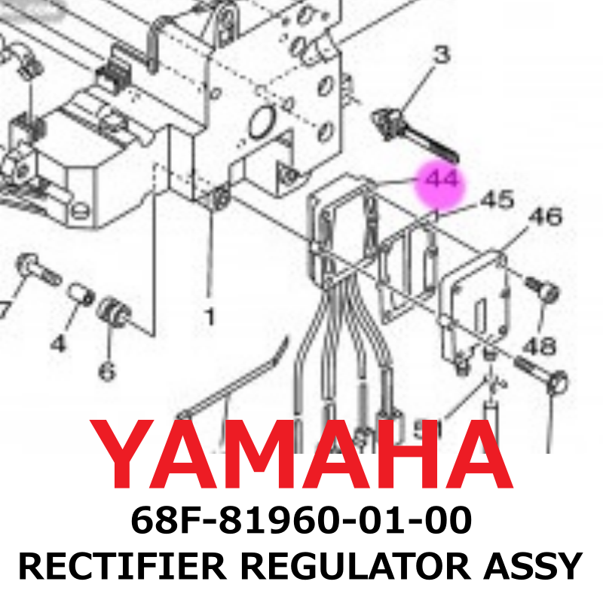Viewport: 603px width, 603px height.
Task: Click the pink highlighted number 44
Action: [x=440, y=182]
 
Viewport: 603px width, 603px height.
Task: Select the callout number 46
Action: [x=544, y=217]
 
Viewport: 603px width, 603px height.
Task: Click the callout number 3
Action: [x=441, y=54]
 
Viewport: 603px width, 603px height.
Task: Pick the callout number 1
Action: [x=209, y=316]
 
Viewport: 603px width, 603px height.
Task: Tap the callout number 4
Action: [x=58, y=343]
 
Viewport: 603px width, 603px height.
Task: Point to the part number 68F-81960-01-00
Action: [x=301, y=520]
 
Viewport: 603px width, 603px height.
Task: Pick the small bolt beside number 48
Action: [x=542, y=288]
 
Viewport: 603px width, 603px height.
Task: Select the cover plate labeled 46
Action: [x=479, y=298]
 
